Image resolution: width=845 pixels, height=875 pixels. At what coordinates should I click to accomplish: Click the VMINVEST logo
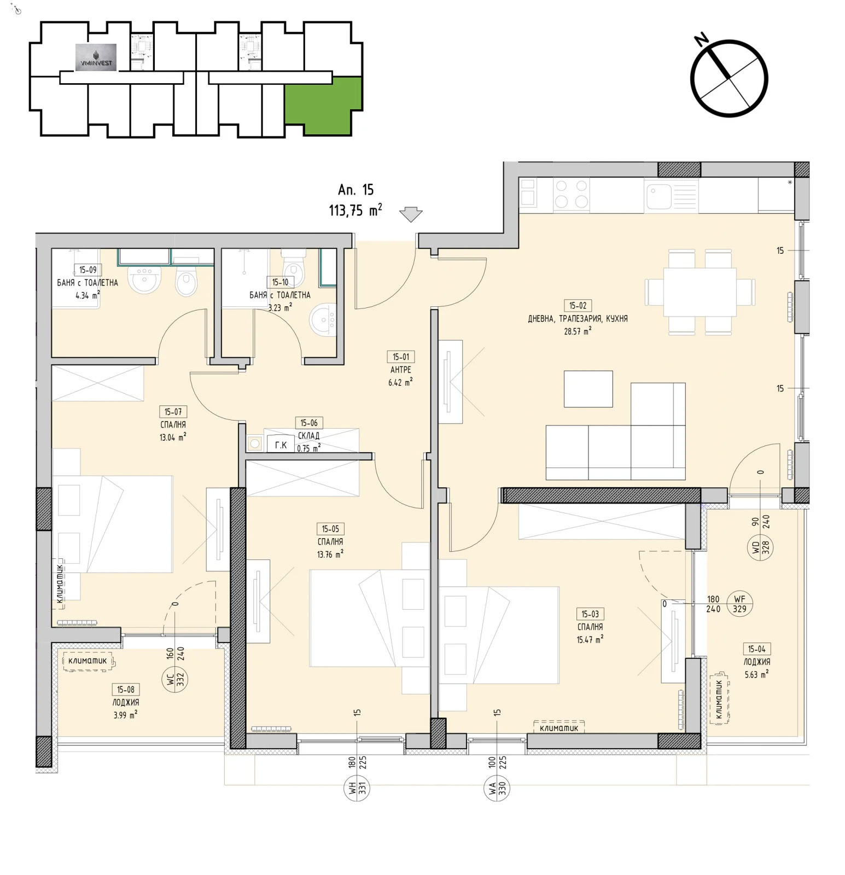pyautogui.click(x=96, y=57)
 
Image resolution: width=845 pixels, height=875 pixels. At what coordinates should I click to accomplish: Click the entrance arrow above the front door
pyautogui.click(x=411, y=214)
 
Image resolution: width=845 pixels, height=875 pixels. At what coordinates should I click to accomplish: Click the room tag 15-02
pyautogui.click(x=578, y=306)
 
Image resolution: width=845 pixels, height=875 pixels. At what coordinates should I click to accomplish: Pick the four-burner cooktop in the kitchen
pyautogui.click(x=571, y=194)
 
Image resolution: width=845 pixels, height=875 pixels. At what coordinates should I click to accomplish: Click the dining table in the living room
pyautogui.click(x=700, y=291)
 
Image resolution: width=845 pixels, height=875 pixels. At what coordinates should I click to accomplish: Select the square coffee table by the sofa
pyautogui.click(x=588, y=389)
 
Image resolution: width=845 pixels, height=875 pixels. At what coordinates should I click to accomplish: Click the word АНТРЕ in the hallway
pyautogui.click(x=401, y=370)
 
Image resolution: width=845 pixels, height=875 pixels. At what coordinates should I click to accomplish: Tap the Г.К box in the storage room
pyautogui.click(x=281, y=445)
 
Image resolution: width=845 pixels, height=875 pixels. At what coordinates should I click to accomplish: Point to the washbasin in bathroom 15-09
pyautogui.click(x=144, y=279)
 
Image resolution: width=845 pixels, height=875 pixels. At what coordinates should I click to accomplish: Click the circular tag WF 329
pyautogui.click(x=739, y=604)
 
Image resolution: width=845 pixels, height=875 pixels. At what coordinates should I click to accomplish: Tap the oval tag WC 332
pyautogui.click(x=175, y=679)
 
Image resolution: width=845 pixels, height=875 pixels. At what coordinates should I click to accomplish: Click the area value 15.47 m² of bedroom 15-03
pyautogui.click(x=590, y=639)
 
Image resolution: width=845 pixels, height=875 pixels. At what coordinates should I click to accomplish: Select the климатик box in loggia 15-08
pyautogui.click(x=88, y=661)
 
